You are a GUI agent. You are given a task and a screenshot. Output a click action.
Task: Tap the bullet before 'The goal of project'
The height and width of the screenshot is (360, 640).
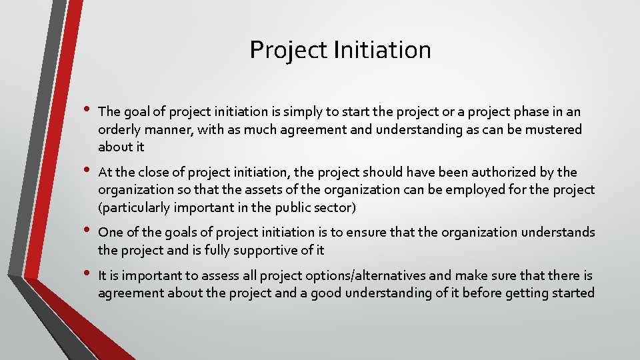(x=85, y=108)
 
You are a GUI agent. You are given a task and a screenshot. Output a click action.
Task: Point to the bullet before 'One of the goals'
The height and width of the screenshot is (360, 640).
(x=85, y=229)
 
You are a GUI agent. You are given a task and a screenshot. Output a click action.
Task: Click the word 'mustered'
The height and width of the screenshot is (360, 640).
(x=555, y=129)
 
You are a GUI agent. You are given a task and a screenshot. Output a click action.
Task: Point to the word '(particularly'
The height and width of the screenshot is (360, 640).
(x=134, y=208)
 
